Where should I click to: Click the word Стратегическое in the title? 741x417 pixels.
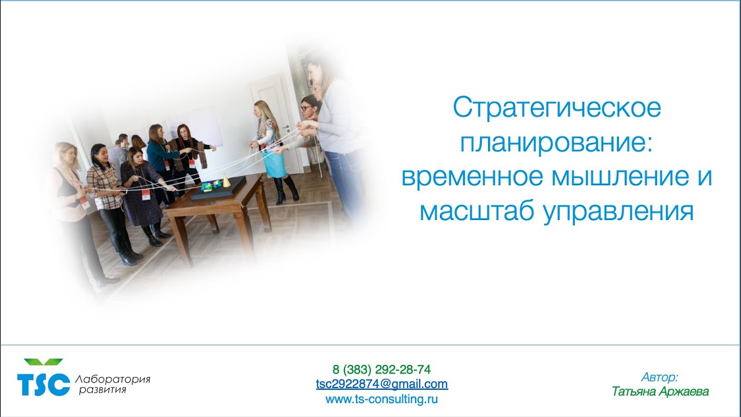pos(556,108)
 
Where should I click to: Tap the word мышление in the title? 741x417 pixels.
pos(609,177)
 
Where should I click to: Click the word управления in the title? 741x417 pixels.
pos(618,212)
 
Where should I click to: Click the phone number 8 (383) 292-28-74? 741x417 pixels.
pos(381,370)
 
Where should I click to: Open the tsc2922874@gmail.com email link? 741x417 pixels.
pos(381,384)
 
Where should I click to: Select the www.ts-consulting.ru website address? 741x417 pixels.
pos(381,398)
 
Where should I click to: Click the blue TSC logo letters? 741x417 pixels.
pos(43,384)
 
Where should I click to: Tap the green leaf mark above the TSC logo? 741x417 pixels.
pos(43,362)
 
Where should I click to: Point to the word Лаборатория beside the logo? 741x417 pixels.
pos(112,379)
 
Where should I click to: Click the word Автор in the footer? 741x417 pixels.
pos(659,378)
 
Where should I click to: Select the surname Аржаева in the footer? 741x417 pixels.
pos(687,392)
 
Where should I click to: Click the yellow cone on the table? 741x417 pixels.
pos(227,182)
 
